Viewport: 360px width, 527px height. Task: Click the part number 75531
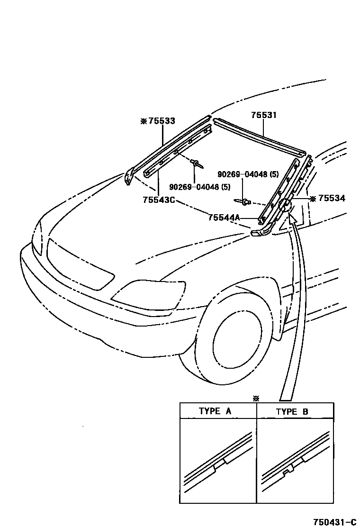(264, 115)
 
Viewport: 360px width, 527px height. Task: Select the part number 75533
(162, 121)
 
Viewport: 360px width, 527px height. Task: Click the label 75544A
(225, 218)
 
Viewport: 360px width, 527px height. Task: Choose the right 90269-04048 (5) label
(248, 174)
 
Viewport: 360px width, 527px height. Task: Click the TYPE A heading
(215, 411)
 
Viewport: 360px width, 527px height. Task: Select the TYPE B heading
(292, 411)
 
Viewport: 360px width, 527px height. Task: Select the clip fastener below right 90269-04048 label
(245, 202)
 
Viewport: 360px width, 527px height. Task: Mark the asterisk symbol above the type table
(256, 399)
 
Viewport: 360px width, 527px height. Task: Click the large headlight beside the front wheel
(149, 294)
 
